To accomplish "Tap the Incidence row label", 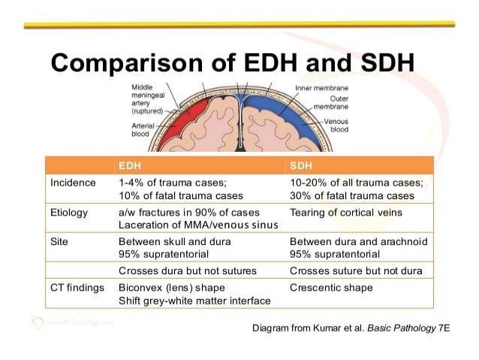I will [73, 183].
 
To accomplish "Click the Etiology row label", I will [69, 212].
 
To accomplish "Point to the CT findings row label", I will [77, 287].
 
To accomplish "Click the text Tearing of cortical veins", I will [345, 212].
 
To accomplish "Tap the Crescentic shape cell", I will [330, 287].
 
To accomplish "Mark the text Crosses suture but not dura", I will [356, 270].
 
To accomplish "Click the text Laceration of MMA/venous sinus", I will [198, 225].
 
